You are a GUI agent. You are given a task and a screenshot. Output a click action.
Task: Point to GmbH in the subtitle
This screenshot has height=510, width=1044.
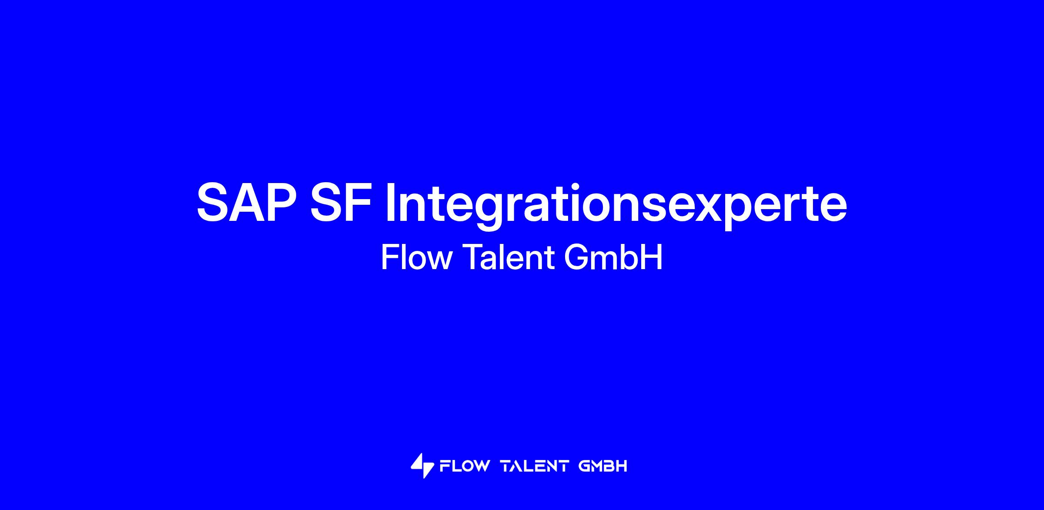coord(613,257)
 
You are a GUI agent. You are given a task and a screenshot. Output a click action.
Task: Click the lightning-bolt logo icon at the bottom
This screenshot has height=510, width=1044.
coord(422,466)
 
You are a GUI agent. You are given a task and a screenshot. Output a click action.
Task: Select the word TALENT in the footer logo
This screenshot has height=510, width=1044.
coord(535,467)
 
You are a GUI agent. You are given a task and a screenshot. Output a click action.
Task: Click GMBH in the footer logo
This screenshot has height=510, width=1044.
coord(603,467)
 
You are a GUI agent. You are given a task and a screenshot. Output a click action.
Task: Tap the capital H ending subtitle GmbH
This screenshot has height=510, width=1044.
coord(652,257)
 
